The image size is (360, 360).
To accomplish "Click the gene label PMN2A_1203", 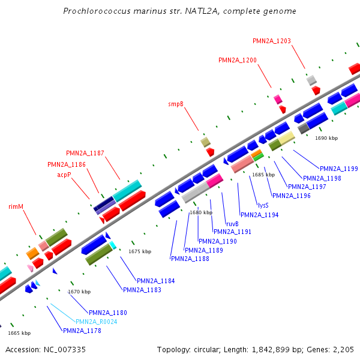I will click(x=272, y=41).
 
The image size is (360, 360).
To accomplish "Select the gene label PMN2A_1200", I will click(x=238, y=60).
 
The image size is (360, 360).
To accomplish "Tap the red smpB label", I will click(x=176, y=104).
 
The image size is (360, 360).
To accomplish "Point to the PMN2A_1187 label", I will click(x=85, y=153).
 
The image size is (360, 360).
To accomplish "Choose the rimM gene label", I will click(x=16, y=206).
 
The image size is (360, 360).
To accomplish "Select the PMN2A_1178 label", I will click(x=82, y=331).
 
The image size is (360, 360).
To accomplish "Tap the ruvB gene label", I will click(x=232, y=224).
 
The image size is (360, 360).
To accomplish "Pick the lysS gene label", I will click(x=263, y=205).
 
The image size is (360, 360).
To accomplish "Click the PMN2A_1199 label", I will click(x=339, y=169).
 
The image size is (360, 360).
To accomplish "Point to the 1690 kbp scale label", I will click(x=326, y=138).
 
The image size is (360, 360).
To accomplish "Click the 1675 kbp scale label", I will click(x=140, y=251).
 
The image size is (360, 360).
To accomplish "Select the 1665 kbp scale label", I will click(x=19, y=333).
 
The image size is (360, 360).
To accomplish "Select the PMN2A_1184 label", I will click(x=156, y=281).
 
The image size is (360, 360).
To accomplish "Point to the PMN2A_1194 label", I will click(x=259, y=215).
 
